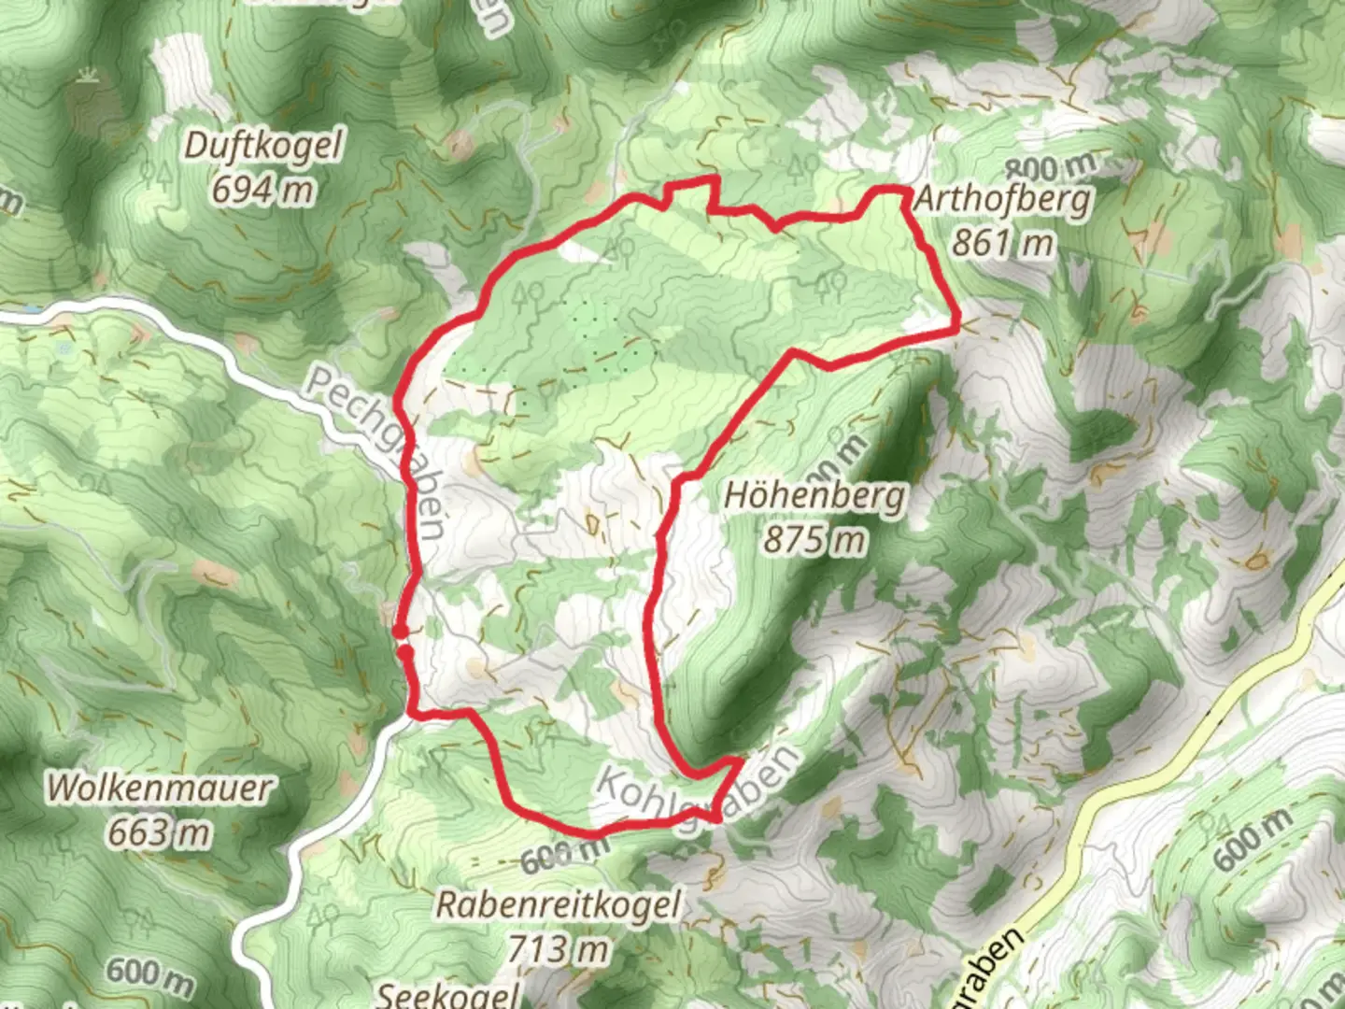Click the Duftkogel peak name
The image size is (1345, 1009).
point(264,147)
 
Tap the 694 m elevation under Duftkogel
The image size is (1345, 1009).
point(262,191)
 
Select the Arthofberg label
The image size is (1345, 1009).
point(1002,199)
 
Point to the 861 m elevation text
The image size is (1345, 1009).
point(1002,244)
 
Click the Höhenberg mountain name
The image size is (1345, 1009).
point(814,495)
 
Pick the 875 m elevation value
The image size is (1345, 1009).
point(814,540)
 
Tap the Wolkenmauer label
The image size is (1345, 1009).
point(159,788)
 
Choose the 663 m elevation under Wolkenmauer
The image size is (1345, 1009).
point(159,831)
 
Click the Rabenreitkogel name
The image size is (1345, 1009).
point(559,904)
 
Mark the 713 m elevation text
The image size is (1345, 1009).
point(558,949)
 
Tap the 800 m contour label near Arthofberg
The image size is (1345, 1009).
point(1052,168)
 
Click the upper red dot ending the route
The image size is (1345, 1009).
point(400,632)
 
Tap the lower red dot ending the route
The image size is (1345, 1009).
point(404,652)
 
